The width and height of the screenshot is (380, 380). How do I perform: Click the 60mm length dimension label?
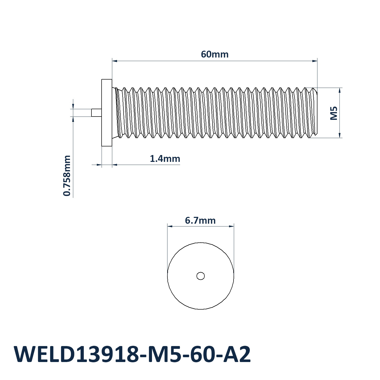point(215,54)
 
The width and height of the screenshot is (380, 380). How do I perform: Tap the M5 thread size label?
point(334,113)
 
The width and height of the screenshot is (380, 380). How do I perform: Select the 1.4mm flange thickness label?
point(165,159)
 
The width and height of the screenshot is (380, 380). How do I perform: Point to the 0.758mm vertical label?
point(67,176)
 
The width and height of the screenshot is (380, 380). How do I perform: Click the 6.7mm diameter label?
point(200,220)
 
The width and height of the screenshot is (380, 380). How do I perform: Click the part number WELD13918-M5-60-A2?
point(132,354)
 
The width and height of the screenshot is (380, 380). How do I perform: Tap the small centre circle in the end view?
point(201,276)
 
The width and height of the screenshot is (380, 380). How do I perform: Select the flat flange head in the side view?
point(107,113)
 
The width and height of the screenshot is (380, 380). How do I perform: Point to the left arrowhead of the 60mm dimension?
point(115,61)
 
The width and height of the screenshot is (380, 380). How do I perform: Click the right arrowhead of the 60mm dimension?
point(315,61)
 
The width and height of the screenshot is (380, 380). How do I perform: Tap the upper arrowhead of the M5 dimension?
point(340,90)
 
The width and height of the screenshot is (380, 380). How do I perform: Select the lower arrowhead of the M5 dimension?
point(340,135)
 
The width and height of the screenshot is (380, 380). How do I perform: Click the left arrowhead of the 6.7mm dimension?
point(170,226)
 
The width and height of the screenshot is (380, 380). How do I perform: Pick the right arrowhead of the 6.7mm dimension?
point(231,226)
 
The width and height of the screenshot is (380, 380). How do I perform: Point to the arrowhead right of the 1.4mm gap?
point(115,165)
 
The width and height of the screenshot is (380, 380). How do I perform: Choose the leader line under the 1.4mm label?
point(146,165)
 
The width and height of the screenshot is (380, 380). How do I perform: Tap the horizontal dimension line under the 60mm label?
point(215,61)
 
